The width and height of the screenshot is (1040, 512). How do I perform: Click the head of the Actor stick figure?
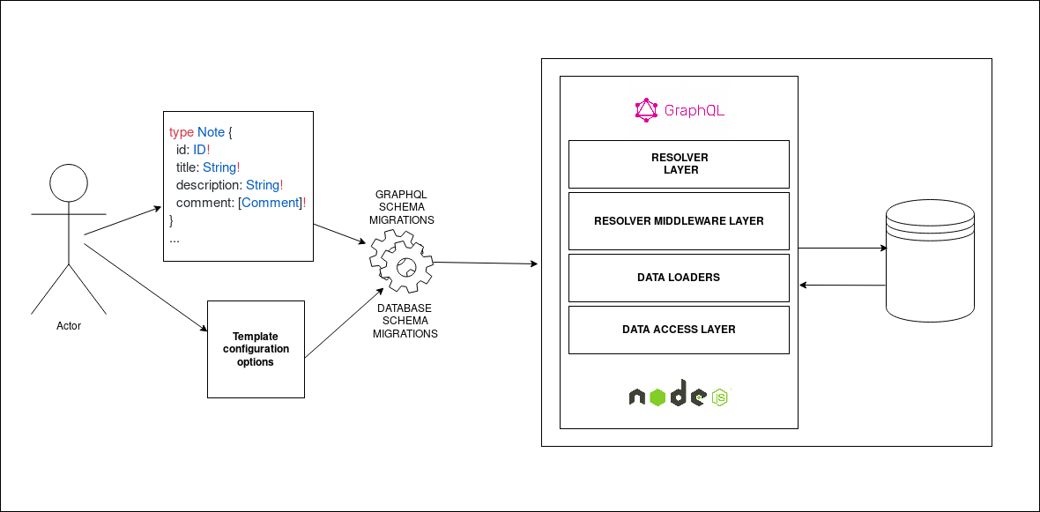point(69,184)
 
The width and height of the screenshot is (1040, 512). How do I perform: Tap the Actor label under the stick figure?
point(69,326)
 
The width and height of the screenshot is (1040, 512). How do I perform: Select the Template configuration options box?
point(256,349)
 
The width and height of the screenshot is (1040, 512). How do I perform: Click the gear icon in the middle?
point(402,263)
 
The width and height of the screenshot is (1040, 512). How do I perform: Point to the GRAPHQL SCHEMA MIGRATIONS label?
point(402,207)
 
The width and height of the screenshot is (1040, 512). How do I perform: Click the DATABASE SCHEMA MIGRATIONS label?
point(405,321)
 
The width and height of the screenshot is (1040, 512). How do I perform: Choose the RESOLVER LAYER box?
point(679,164)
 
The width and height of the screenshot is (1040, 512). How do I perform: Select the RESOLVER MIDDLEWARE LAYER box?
point(679,220)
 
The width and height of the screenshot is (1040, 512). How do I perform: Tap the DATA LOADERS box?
point(679,278)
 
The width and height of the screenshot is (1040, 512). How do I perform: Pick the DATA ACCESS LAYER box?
point(679,330)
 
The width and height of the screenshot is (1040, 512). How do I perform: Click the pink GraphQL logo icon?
point(646,110)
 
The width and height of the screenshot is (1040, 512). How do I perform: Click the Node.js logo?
point(679,397)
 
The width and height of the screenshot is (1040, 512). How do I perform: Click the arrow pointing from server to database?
point(842,249)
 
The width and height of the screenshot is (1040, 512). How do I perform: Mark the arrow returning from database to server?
point(842,285)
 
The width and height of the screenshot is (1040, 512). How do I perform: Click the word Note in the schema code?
point(211,132)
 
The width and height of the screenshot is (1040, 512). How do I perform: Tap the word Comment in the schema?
point(271,203)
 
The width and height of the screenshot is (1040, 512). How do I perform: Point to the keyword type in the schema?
point(181,132)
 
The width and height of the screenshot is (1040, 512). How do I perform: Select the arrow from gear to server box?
point(485,263)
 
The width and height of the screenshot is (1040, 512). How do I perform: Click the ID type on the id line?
point(199,150)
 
